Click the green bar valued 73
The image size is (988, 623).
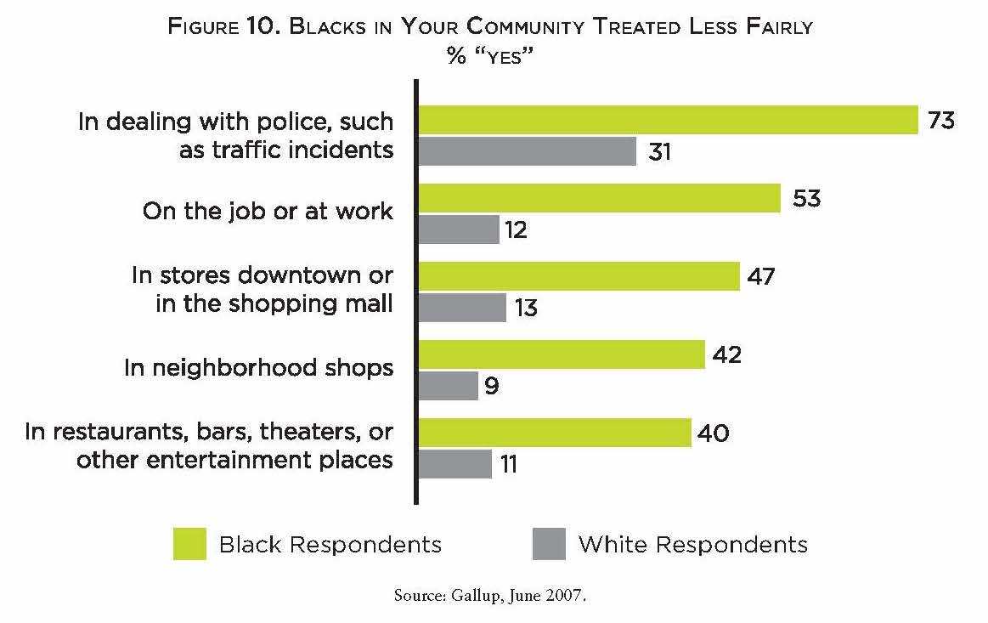coord(669,121)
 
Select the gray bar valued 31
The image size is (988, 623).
coord(528,151)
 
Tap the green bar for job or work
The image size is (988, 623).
coord(600,199)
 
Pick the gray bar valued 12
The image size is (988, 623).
coord(459,229)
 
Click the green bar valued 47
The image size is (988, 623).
coord(579,276)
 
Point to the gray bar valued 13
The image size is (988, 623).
coord(462,307)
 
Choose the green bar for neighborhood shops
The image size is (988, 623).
coord(562,354)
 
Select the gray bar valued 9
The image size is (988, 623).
coord(449,386)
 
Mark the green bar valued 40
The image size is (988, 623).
coord(555,433)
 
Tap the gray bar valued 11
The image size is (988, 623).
coord(455,464)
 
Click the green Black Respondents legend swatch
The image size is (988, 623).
coord(189,544)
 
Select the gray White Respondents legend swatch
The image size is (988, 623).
coord(549,544)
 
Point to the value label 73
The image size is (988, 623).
coord(941,121)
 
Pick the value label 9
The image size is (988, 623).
coord(492,387)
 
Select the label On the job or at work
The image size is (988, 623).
coord(268,211)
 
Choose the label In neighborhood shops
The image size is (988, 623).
coord(258,367)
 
